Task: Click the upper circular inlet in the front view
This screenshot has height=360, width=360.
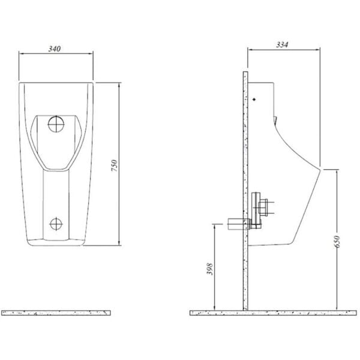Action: tap(56, 124)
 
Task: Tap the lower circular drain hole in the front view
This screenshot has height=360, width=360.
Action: tap(56, 224)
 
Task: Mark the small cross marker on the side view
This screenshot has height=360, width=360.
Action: tap(255, 99)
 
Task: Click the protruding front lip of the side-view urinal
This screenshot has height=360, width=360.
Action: tap(322, 169)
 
